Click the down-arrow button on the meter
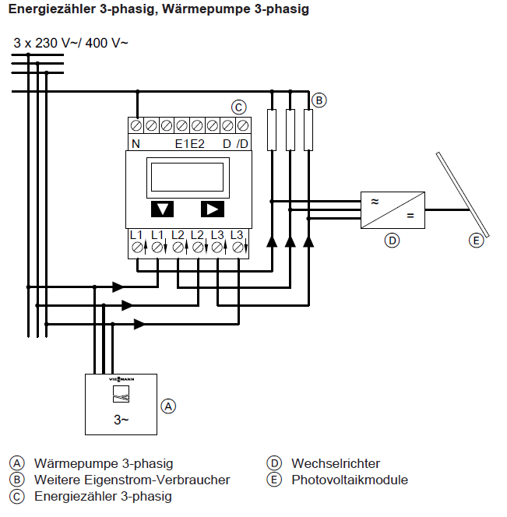click(x=162, y=209)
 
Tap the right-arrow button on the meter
click(x=212, y=209)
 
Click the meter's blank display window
click(x=187, y=176)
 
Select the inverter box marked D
click(x=392, y=209)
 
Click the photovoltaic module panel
click(x=462, y=195)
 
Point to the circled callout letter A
click(x=168, y=406)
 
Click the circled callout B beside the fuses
click(x=319, y=100)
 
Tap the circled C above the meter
click(x=239, y=107)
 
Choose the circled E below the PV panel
click(x=476, y=241)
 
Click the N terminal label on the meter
click(x=136, y=143)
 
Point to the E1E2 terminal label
click(x=189, y=143)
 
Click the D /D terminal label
click(x=235, y=143)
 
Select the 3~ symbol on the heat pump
click(x=121, y=420)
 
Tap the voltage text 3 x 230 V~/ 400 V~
click(x=71, y=43)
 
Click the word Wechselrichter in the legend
click(x=336, y=464)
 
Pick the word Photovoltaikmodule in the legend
click(x=350, y=480)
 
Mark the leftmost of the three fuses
click(x=271, y=129)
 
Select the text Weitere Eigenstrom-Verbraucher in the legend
click(x=132, y=480)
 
